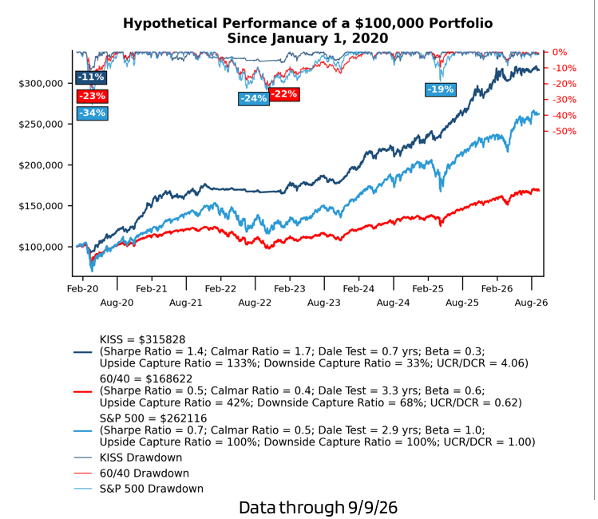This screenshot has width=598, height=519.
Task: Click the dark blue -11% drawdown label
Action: pyautogui.click(x=91, y=77)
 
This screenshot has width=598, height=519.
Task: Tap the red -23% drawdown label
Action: pyautogui.click(x=93, y=96)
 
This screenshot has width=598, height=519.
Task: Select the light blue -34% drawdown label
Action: pyautogui.click(x=93, y=113)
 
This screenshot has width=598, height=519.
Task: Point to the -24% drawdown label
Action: pyautogui.click(x=254, y=99)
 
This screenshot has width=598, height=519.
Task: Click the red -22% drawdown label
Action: pyautogui.click(x=284, y=94)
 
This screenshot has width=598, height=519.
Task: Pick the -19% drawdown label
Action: pyautogui.click(x=441, y=90)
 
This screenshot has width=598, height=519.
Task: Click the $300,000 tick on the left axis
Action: pyautogui.click(x=41, y=84)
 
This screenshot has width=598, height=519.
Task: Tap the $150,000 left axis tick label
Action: pyautogui.click(x=41, y=206)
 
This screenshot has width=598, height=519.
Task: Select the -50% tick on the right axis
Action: pyautogui.click(x=564, y=132)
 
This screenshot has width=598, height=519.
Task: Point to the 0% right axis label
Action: pyautogui.click(x=560, y=52)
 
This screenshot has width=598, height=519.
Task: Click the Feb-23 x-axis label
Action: pyautogui.click(x=290, y=289)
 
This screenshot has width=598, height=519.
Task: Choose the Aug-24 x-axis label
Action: pyautogui.click(x=393, y=303)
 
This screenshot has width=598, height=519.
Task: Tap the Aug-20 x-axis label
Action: pyautogui.click(x=117, y=303)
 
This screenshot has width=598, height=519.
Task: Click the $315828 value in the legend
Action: pyautogui.click(x=162, y=340)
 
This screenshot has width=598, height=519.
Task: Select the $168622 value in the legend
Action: pyautogui.click(x=169, y=379)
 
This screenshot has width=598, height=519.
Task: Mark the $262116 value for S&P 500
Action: pyautogui.click(x=184, y=418)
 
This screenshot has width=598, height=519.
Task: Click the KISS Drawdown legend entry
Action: pyautogui.click(x=141, y=458)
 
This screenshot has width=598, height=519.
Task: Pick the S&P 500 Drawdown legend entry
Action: pyautogui.click(x=152, y=489)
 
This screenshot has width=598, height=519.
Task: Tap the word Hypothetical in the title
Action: pyautogui.click(x=170, y=24)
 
